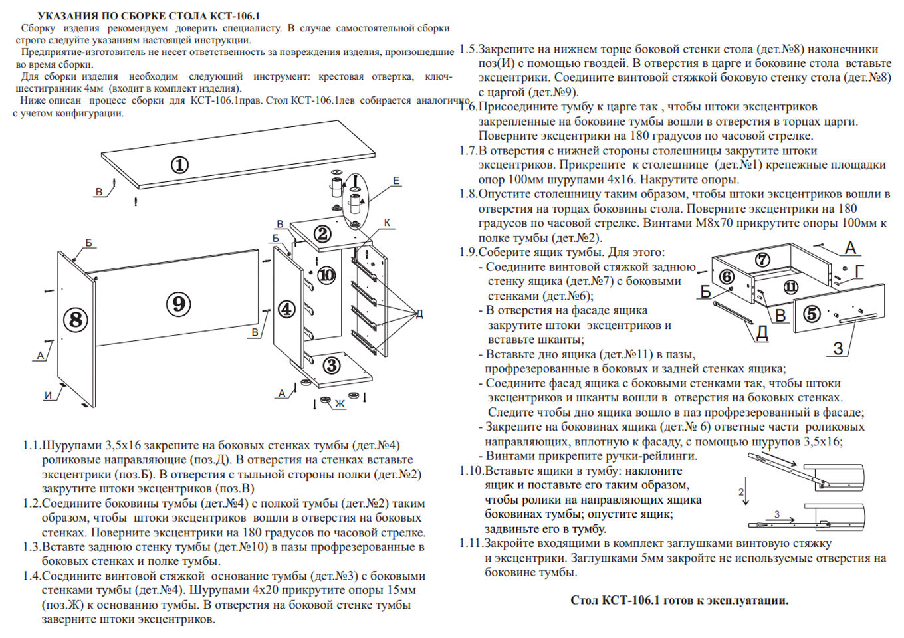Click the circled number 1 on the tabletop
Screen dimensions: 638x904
(x=179, y=165)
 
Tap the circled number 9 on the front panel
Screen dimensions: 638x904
(x=178, y=304)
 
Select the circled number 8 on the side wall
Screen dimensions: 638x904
(x=75, y=320)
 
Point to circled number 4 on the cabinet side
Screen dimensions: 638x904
(x=286, y=309)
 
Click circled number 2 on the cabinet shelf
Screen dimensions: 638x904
(x=322, y=234)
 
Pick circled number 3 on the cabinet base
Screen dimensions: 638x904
(x=331, y=364)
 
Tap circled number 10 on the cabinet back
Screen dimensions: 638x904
(x=326, y=275)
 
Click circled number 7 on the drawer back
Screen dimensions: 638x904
(x=762, y=260)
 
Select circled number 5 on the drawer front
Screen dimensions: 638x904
(x=812, y=314)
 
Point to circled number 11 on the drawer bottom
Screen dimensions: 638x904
(x=790, y=287)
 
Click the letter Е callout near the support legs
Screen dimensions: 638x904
(x=396, y=181)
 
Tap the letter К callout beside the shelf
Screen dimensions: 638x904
(x=387, y=223)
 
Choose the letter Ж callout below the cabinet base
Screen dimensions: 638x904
(x=340, y=403)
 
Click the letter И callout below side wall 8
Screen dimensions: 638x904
(x=48, y=395)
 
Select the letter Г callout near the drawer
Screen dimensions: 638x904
(x=859, y=271)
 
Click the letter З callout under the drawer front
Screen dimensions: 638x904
(x=838, y=348)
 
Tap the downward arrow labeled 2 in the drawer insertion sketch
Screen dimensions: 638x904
(x=746, y=492)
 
